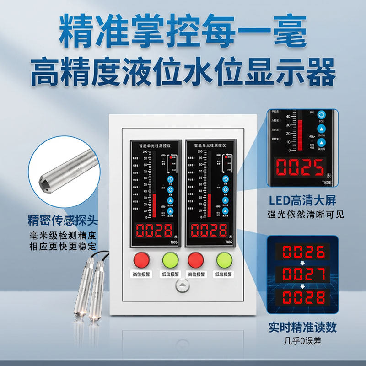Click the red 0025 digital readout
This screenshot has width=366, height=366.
pyautogui.click(x=299, y=168)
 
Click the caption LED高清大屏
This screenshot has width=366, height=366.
pyautogui.click(x=305, y=200)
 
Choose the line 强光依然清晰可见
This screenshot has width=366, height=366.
pyautogui.click(x=305, y=214)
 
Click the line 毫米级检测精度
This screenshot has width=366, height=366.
pyautogui.click(x=63, y=236)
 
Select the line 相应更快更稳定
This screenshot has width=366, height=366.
pyautogui.click(x=63, y=246)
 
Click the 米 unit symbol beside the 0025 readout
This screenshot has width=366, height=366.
pyautogui.click(x=331, y=175)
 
